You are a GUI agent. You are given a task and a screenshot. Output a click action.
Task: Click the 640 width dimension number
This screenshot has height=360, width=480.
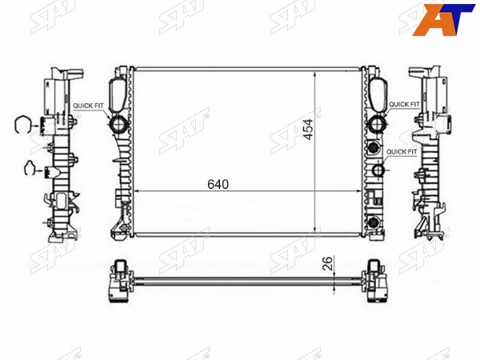click(218, 184)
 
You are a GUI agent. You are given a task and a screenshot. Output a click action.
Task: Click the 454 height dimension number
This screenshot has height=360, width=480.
click(309, 130)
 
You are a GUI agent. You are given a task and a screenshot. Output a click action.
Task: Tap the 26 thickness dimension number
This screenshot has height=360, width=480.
click(327, 263)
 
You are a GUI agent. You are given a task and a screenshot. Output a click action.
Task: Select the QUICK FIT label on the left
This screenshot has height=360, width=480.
click(88, 106)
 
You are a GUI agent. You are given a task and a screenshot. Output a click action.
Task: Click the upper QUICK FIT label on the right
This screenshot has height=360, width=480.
click(404, 104)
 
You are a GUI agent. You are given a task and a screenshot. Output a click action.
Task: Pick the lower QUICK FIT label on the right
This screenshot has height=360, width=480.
click(402, 152)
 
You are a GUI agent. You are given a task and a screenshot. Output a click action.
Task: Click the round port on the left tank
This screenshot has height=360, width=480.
click(118, 124)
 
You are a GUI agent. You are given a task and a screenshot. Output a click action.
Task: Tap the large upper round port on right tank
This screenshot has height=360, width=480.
click(376, 124)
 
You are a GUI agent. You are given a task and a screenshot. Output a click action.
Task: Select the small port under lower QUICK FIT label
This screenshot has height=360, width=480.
click(378, 170)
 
